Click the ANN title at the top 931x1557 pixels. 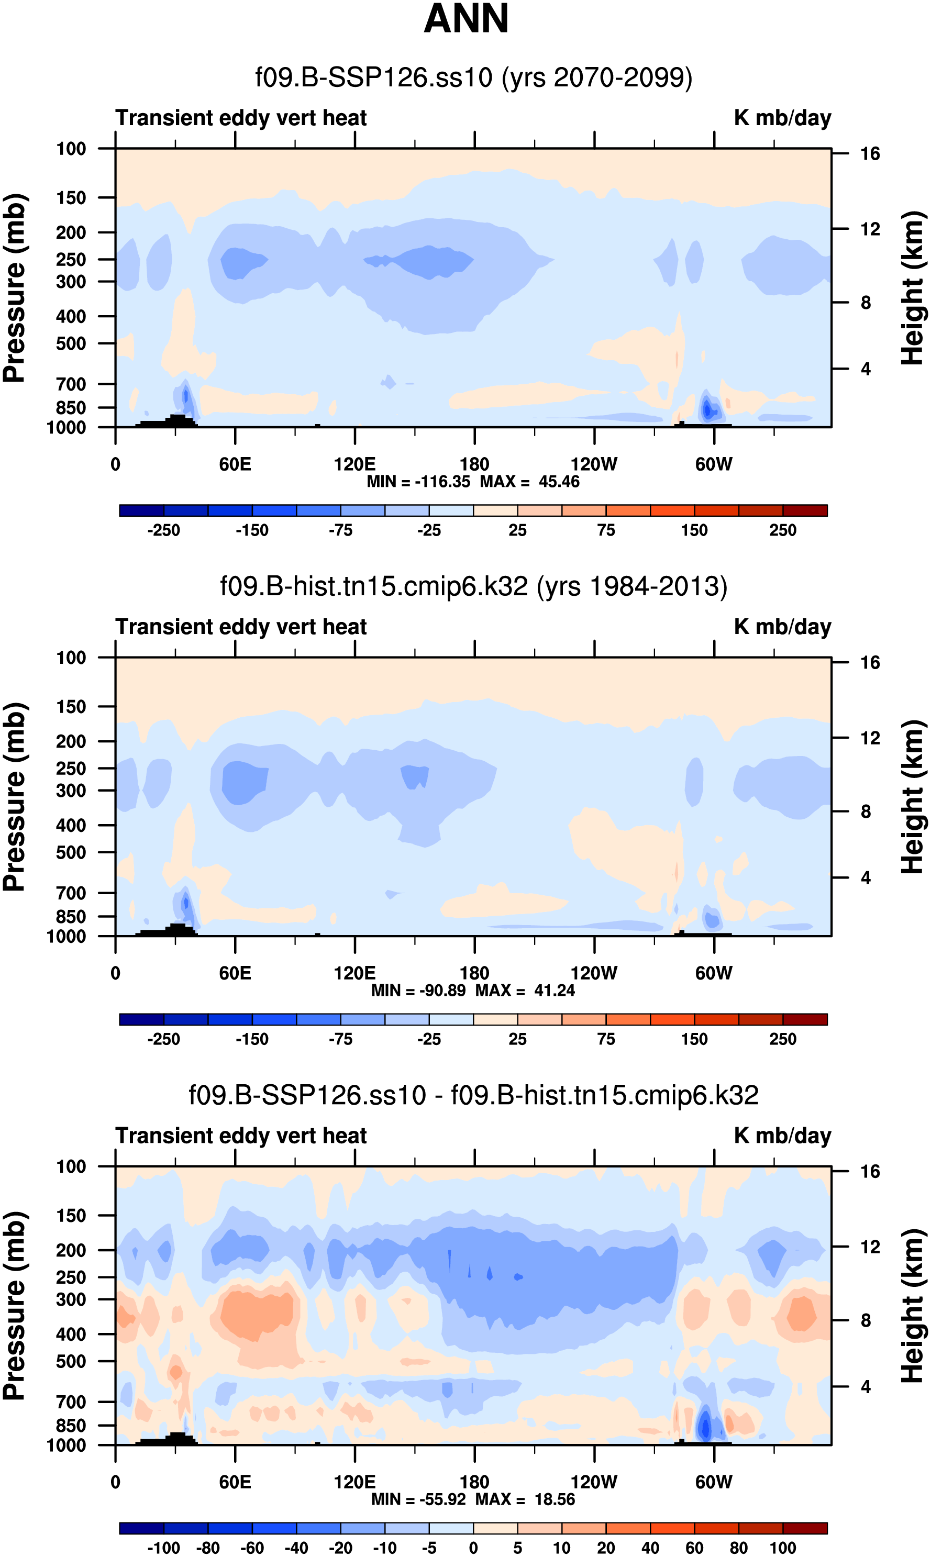[466, 19]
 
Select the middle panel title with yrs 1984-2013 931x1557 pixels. [474, 586]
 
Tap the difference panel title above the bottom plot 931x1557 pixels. [474, 1095]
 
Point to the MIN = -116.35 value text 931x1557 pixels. [418, 482]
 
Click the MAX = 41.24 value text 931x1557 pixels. [525, 990]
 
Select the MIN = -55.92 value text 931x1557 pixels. [418, 1499]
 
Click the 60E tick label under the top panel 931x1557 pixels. [235, 465]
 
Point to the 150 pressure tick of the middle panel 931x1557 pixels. [71, 707]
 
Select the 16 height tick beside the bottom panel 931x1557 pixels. [870, 1171]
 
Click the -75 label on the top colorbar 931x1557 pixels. [341, 530]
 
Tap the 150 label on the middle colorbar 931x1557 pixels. [694, 1039]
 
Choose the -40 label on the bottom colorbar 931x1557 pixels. [296, 1548]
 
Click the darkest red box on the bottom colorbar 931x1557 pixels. [805, 1528]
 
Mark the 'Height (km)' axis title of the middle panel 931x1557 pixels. [913, 796]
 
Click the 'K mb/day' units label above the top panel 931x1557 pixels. [782, 118]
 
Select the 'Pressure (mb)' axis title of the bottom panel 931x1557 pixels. [14, 1306]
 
